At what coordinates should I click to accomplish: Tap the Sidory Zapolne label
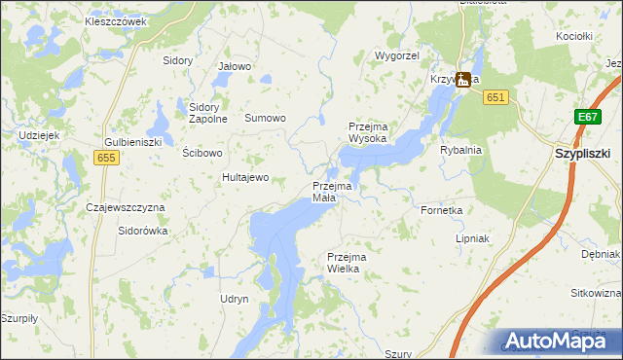click(x=208, y=113)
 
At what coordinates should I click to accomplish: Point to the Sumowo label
click(x=265, y=118)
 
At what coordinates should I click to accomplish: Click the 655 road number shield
click(x=107, y=156)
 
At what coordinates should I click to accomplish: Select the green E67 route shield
click(x=586, y=117)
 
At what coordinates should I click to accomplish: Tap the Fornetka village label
click(x=441, y=209)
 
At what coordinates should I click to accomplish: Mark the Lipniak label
click(x=472, y=238)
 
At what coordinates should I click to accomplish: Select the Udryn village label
click(x=235, y=299)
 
